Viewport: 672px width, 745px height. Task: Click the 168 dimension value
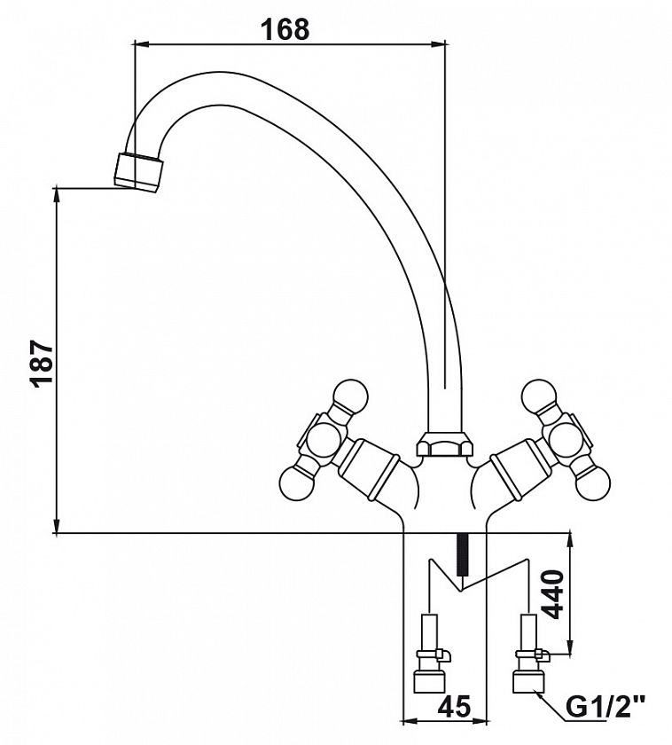(285, 29)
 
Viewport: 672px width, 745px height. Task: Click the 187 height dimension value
(42, 363)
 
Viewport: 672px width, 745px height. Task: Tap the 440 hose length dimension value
(552, 594)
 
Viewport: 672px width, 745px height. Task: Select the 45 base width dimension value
(454, 706)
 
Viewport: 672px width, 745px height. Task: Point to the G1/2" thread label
(606, 707)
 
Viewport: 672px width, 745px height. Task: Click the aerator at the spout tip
(138, 172)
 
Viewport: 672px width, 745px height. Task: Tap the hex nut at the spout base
(445, 443)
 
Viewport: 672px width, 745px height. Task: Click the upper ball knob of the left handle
(350, 396)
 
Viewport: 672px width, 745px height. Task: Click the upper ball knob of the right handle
(539, 396)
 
